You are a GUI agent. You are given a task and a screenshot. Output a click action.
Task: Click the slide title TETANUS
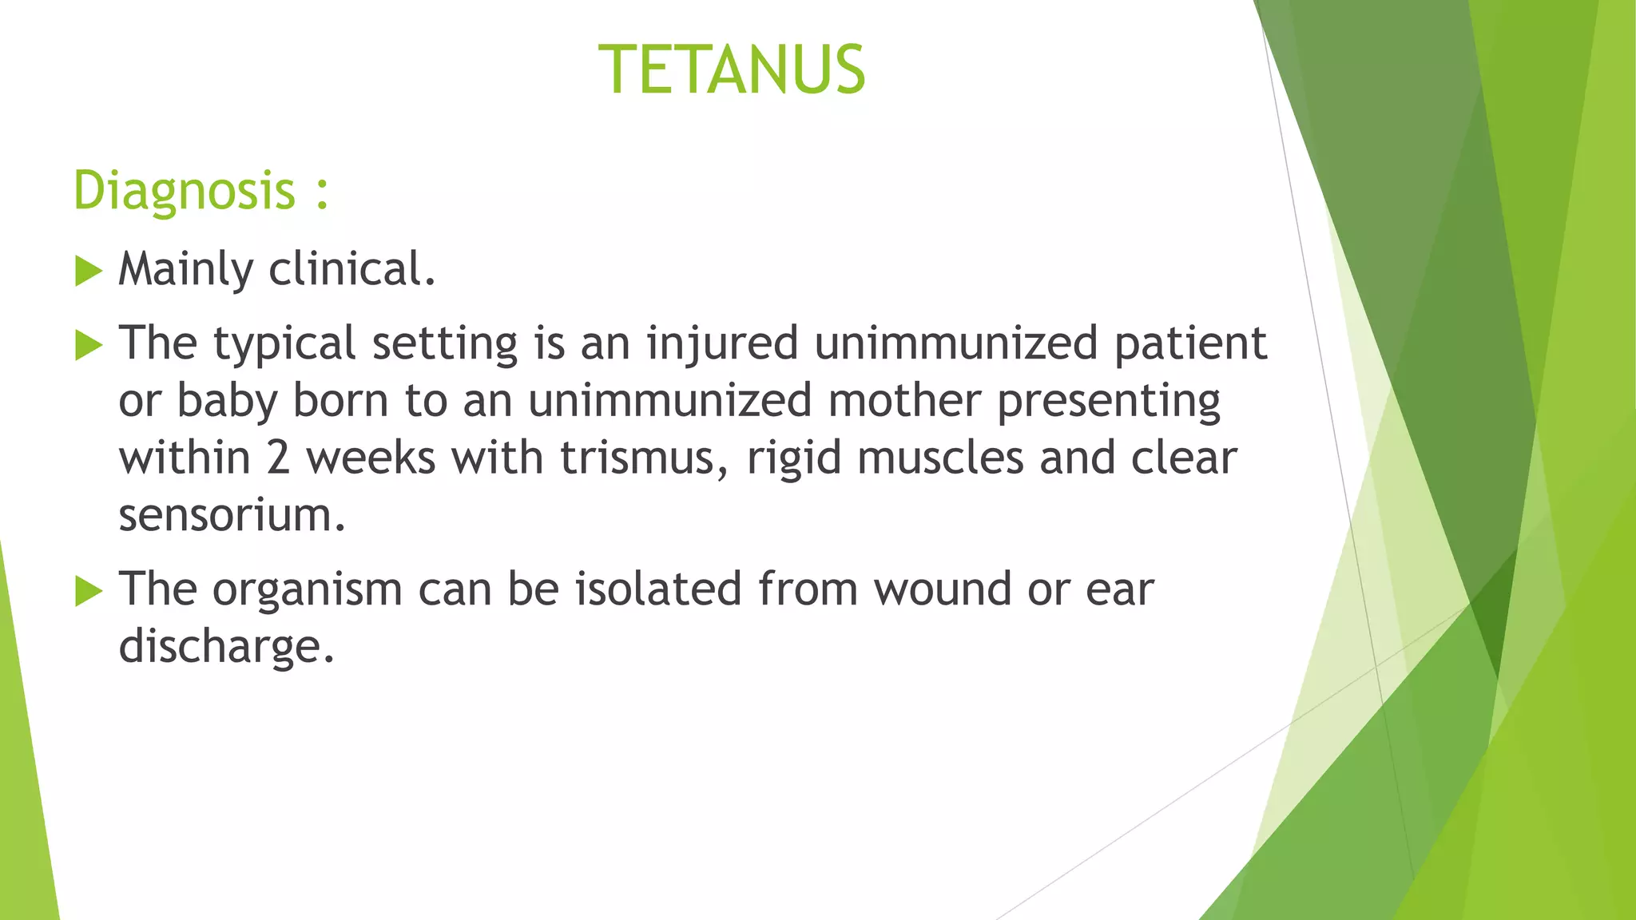point(732,70)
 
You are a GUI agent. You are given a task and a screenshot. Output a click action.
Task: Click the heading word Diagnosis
point(184,191)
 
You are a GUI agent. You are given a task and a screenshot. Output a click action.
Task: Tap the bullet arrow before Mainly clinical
point(88,272)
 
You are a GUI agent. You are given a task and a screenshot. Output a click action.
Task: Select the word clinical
point(351,269)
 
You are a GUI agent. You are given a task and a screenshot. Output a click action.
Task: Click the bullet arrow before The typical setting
point(88,346)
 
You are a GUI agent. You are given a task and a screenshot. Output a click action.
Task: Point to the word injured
point(722,344)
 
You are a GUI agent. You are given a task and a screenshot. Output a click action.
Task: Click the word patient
point(1190,344)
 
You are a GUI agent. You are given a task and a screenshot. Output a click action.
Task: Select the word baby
point(226,400)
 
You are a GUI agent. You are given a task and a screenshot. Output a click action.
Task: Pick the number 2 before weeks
point(278,458)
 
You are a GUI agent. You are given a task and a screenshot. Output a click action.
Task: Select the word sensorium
point(231,515)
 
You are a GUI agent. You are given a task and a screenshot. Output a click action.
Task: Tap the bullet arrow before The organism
point(88,592)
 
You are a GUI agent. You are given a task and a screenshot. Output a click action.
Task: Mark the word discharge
point(224,646)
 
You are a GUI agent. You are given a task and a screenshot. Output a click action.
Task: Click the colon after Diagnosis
point(322,194)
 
